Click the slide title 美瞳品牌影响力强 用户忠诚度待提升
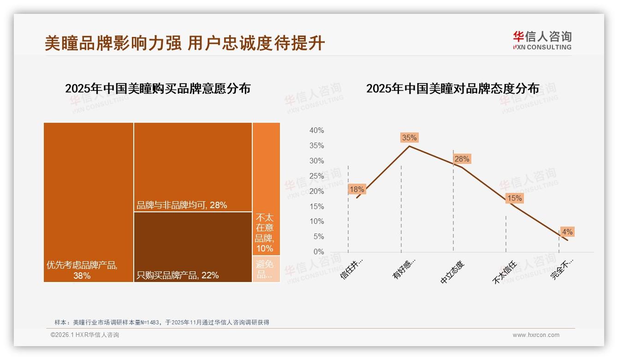[184, 43]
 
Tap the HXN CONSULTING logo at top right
[542, 41]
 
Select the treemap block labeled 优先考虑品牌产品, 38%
[89, 202]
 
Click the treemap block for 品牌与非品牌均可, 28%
[193, 167]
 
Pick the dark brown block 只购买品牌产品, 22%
[193, 246]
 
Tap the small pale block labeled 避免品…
[266, 269]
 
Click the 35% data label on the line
[409, 138]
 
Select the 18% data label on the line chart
[357, 189]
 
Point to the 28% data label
[462, 159]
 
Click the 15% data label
[514, 198]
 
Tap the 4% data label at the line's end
[567, 232]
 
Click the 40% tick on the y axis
[316, 131]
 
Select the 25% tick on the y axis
[316, 176]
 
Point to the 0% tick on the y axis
[318, 252]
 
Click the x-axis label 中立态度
[453, 271]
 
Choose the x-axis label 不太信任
[505, 271]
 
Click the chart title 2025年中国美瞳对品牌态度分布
[452, 89]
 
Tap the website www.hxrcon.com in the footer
[536, 335]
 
